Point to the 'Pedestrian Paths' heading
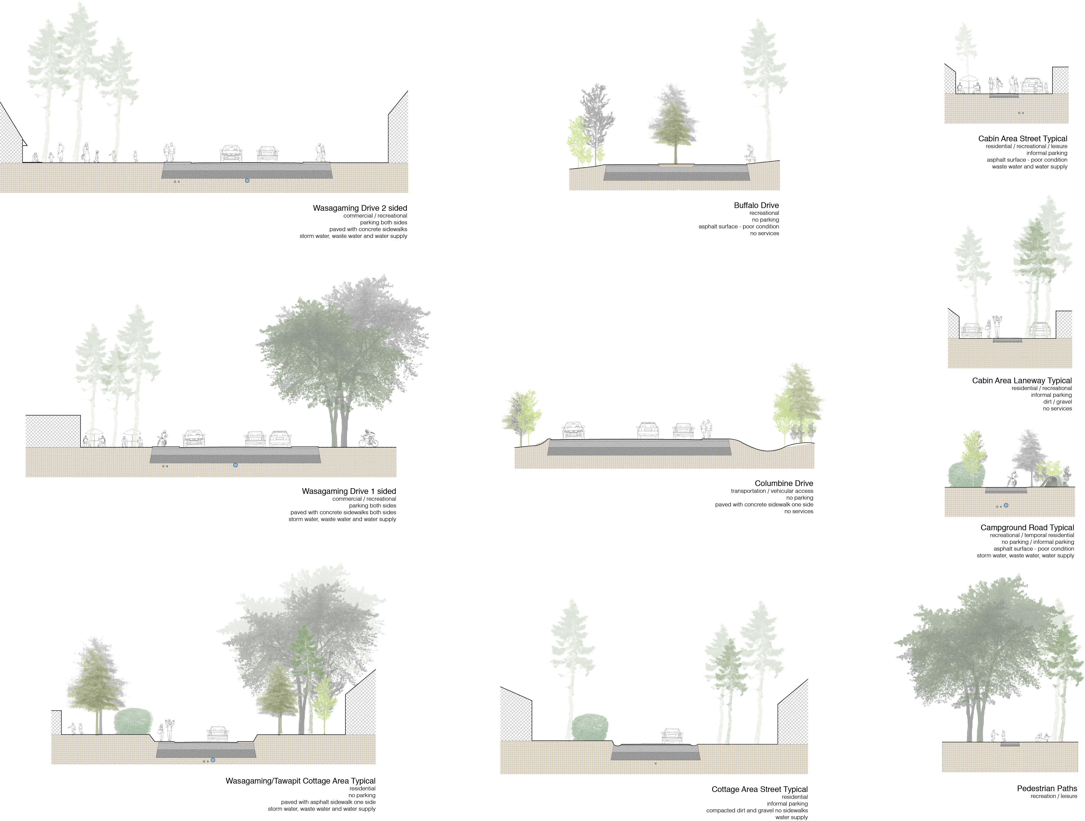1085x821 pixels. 1047,788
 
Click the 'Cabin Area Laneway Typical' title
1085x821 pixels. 1022,380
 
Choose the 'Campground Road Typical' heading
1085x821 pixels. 1027,528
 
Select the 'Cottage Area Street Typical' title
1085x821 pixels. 759,789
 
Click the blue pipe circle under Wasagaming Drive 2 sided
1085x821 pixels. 247,181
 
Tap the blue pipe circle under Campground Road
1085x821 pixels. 1006,505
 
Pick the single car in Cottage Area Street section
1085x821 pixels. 672,736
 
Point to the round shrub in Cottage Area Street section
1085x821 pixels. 590,727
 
